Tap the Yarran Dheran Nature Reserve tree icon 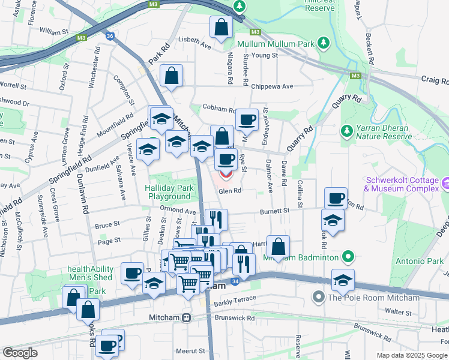pos(346,130)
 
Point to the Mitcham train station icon pos(187,317)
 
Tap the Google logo pos(20,353)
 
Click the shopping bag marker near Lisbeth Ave pos(221,27)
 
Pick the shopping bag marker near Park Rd pos(172,76)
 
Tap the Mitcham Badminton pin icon pos(348,258)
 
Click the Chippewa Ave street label pos(272,86)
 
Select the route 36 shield pos(109,36)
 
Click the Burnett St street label pos(275,211)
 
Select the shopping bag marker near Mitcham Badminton pos(278,247)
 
